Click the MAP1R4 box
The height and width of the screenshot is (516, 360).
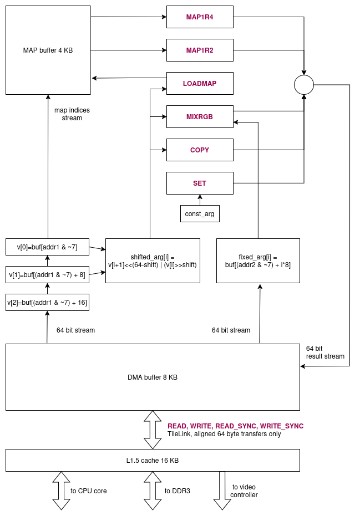(x=200, y=17)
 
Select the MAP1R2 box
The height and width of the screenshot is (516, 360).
(x=200, y=50)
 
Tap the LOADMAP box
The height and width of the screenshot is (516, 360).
(x=200, y=84)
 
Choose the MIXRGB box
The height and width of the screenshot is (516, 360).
(x=200, y=117)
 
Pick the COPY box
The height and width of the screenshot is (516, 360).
(x=200, y=150)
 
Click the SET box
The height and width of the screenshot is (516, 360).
(x=200, y=183)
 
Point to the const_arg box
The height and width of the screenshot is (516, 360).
(x=200, y=214)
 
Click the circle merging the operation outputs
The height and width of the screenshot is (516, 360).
(x=303, y=85)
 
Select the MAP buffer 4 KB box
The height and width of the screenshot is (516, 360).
(x=48, y=50)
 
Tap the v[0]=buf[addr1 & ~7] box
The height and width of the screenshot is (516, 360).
(x=47, y=247)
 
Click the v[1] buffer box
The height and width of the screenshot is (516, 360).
(x=47, y=275)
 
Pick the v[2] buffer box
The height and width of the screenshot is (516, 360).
(x=47, y=303)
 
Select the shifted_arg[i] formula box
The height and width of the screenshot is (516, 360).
(x=153, y=261)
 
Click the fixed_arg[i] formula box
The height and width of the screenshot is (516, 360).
(x=258, y=261)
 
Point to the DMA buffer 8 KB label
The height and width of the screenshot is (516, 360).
(x=153, y=377)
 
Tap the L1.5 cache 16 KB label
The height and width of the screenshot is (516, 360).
(x=153, y=461)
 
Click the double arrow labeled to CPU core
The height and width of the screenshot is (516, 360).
(x=61, y=491)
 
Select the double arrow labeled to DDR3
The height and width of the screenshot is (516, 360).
(x=153, y=491)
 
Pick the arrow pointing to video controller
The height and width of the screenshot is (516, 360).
(x=222, y=491)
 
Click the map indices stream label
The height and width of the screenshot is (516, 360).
(x=72, y=114)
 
